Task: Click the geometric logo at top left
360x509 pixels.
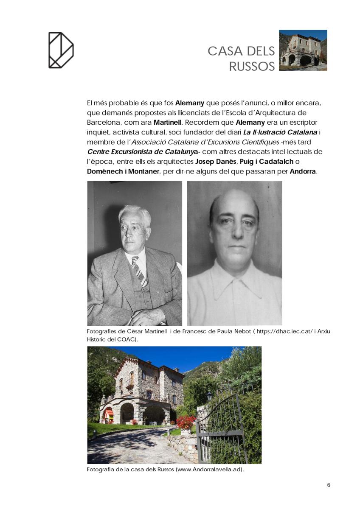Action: tap(61, 50)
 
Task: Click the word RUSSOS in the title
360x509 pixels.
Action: tap(252, 67)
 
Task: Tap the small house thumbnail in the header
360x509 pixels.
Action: tap(303, 50)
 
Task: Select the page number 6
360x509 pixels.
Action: tap(329, 485)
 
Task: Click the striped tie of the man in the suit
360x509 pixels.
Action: tap(139, 271)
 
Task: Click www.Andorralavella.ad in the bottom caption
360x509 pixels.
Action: tap(208, 470)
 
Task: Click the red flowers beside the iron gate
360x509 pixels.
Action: tap(186, 422)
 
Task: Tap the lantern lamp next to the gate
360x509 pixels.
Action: tap(209, 396)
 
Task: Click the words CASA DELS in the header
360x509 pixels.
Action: tap(241, 51)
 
